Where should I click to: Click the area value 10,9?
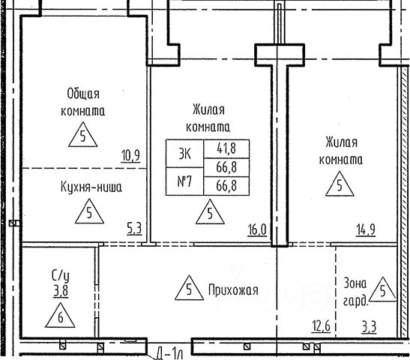click(130, 156)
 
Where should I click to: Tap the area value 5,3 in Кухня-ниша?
click(134, 229)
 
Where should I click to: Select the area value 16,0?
click(257, 230)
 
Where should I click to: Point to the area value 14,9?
click(366, 230)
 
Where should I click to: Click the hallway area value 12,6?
click(321, 326)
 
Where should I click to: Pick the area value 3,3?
click(370, 327)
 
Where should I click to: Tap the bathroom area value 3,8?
click(61, 291)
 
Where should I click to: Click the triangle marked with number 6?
click(60, 316)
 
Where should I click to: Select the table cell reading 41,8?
click(226, 148)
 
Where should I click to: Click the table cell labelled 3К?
click(184, 154)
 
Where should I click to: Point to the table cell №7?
click(184, 181)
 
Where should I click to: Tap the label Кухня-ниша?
click(91, 187)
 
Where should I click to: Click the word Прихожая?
click(233, 290)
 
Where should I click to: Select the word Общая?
click(83, 94)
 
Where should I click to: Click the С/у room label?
click(61, 276)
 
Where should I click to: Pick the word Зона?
click(355, 283)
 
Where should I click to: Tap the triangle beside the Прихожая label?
click(190, 288)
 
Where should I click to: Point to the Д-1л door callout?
click(169, 354)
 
